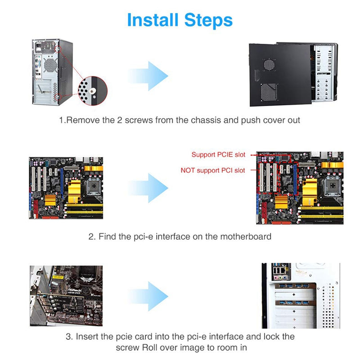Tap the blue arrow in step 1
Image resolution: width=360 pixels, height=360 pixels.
[148, 74]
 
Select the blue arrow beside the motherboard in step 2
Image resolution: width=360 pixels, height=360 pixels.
[148, 188]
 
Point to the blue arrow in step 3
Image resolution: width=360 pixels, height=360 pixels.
[148, 296]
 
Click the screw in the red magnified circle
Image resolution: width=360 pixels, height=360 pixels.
[93, 91]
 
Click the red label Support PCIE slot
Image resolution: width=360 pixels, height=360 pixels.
[218, 155]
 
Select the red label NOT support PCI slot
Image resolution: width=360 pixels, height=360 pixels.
[213, 171]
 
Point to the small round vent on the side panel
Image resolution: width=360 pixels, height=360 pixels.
[269, 64]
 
